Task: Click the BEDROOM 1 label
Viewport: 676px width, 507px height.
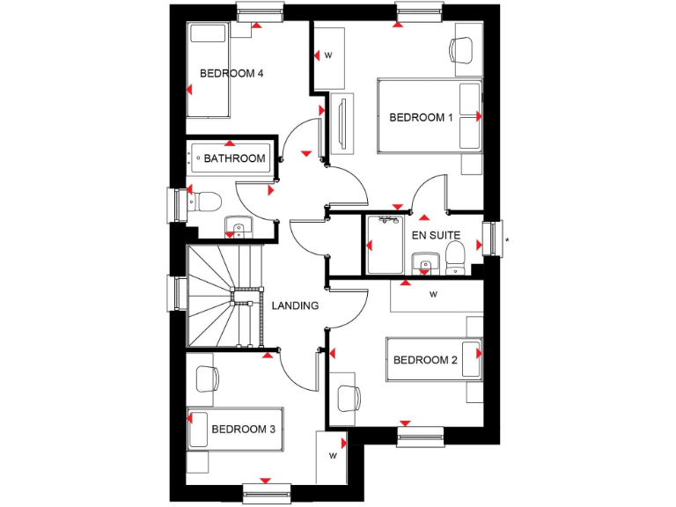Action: [x=421, y=117]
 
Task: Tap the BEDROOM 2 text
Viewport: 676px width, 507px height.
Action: [x=425, y=360]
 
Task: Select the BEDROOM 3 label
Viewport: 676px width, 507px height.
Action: [x=244, y=430]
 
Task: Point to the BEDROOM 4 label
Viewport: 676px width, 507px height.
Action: [x=231, y=73]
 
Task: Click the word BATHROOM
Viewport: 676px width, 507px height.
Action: [x=234, y=159]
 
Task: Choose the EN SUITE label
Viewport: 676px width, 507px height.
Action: [x=435, y=236]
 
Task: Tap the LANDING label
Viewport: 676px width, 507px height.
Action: [x=295, y=306]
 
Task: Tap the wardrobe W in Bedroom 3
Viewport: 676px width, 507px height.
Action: [x=333, y=457]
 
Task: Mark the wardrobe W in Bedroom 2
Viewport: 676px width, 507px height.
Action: [x=434, y=295]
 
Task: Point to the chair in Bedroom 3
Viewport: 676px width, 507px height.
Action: [x=206, y=379]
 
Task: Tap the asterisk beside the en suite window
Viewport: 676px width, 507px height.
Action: [x=507, y=239]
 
